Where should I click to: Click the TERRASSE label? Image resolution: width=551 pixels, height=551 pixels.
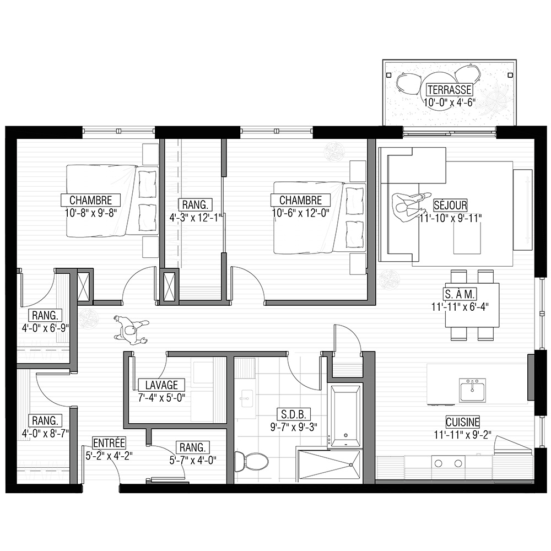click(x=449, y=90)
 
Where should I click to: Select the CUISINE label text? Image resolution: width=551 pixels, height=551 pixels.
click(x=462, y=422)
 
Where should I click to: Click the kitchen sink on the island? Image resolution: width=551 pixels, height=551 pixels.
click(x=472, y=391)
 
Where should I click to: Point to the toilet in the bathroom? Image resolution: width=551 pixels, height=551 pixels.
click(x=251, y=461)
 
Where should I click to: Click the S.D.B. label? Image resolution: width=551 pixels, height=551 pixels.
click(x=294, y=414)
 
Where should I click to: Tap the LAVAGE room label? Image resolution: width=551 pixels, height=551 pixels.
click(x=161, y=385)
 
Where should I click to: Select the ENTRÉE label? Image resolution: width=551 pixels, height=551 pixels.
click(x=109, y=443)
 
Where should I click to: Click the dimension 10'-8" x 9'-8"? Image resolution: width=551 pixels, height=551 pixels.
click(x=91, y=213)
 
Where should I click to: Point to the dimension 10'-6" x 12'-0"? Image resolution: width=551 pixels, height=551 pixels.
click(x=300, y=213)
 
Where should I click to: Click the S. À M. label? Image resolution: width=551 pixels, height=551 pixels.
click(x=460, y=294)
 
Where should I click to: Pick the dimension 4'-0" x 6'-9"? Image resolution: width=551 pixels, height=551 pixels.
click(x=45, y=328)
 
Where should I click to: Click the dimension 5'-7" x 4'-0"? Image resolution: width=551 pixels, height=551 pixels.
click(x=192, y=460)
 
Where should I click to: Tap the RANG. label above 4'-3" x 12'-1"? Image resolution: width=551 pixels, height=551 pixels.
click(x=195, y=204)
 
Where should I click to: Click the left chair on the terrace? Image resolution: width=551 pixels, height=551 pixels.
click(x=409, y=84)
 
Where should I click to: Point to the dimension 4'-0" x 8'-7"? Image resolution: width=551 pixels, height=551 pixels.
click(x=45, y=434)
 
